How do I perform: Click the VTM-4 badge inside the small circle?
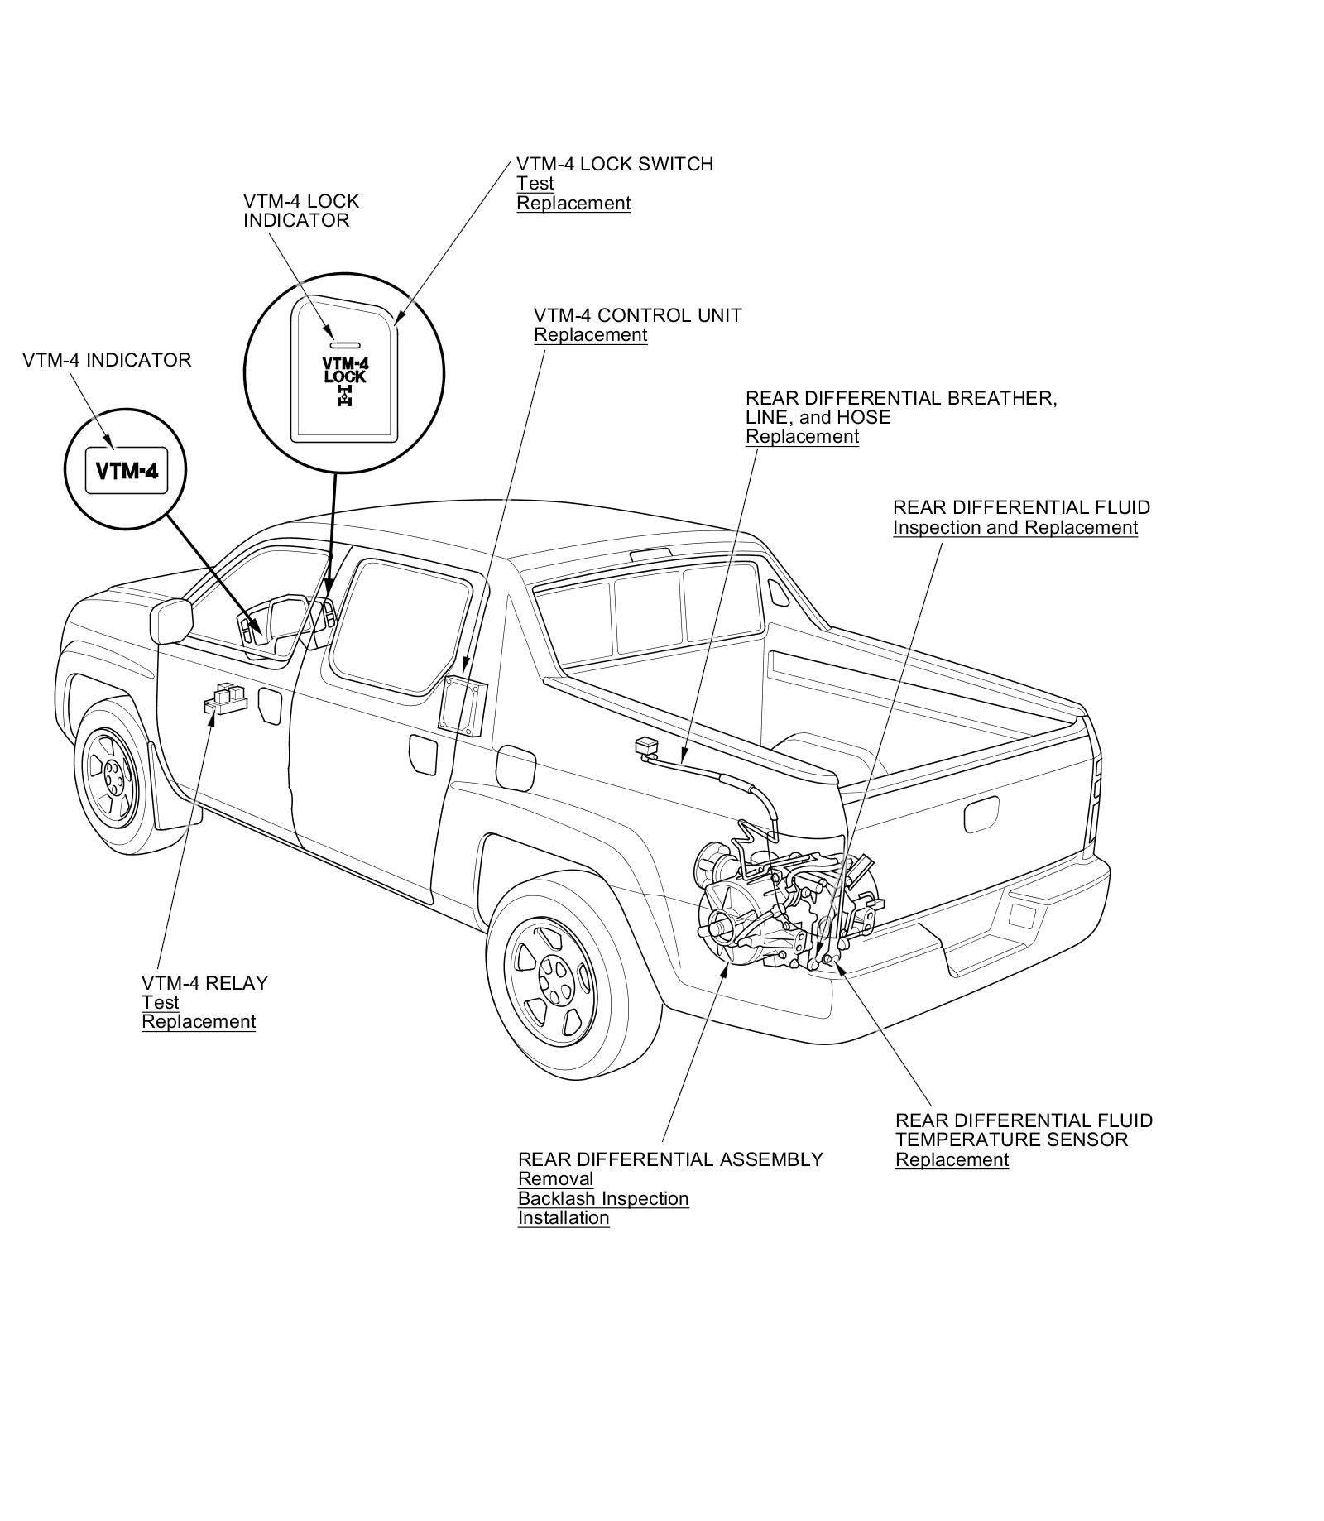[x=127, y=471]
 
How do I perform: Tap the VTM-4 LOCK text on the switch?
[x=344, y=370]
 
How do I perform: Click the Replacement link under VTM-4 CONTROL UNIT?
[x=590, y=335]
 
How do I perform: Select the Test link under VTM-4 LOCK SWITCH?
[x=535, y=184]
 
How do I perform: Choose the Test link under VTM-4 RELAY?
[x=161, y=1003]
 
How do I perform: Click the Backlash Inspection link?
[x=602, y=1198]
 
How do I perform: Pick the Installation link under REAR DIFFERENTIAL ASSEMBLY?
[x=563, y=1218]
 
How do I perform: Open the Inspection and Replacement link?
[x=1015, y=528]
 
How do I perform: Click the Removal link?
[x=555, y=1178]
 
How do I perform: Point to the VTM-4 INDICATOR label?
[x=107, y=361]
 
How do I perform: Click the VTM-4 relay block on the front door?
[x=225, y=698]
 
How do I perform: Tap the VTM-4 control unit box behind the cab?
[x=462, y=704]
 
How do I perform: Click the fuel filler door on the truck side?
[x=513, y=767]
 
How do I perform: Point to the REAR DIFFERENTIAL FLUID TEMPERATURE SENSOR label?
[x=1023, y=1130]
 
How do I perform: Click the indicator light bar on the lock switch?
[x=343, y=343]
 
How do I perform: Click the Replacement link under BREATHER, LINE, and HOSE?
[x=802, y=437]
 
